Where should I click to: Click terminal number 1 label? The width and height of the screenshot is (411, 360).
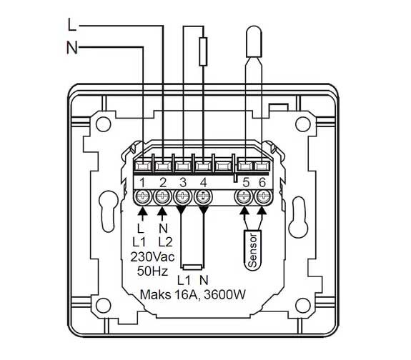[x=142, y=183]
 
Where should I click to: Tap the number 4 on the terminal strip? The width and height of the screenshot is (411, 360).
[x=204, y=183]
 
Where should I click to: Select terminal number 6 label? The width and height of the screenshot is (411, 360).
[x=262, y=183]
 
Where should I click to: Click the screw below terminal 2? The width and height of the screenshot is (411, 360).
[x=162, y=196]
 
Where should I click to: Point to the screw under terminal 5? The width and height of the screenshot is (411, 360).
[x=244, y=196]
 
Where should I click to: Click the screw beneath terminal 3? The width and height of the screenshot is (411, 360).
[x=183, y=196]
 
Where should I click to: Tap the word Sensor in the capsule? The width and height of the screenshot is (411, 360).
[x=253, y=251]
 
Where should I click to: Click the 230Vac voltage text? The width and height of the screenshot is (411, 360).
[x=152, y=257]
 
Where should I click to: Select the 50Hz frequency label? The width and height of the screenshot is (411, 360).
[x=152, y=271]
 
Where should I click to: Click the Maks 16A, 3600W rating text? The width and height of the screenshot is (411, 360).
[x=193, y=295]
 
